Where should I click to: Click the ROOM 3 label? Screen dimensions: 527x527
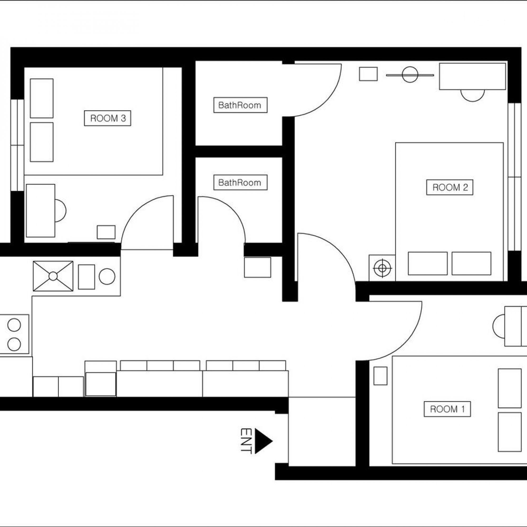click(x=108, y=118)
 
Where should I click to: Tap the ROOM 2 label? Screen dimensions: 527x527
click(x=450, y=187)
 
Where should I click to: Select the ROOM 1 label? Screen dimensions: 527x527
click(x=447, y=409)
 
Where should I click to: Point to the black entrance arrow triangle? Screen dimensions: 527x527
click(x=262, y=441)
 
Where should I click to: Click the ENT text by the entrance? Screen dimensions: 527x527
click(x=246, y=441)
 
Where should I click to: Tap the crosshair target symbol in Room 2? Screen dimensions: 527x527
click(x=382, y=268)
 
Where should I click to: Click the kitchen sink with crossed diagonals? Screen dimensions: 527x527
click(x=53, y=276)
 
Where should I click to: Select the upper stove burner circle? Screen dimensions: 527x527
click(x=14, y=325)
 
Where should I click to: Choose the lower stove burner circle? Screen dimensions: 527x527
click(x=14, y=344)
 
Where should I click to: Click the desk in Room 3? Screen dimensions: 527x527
click(x=41, y=211)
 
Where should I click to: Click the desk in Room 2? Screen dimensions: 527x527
click(x=472, y=76)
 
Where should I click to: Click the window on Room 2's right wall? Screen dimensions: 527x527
click(x=514, y=177)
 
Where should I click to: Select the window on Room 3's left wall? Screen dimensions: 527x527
click(x=17, y=145)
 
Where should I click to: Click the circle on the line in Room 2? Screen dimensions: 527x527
click(x=410, y=75)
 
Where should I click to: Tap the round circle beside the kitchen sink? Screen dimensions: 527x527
click(x=107, y=277)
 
